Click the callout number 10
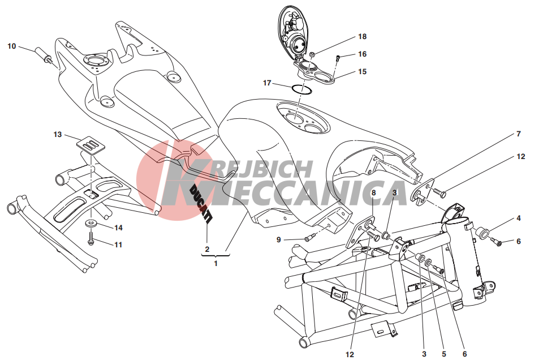click(12, 46)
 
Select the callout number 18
click(362, 36)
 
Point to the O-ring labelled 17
click(303, 89)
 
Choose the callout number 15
click(362, 72)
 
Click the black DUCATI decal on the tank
click(200, 203)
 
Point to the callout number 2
click(207, 249)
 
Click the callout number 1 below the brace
click(216, 264)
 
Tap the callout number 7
click(519, 134)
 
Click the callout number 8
click(373, 193)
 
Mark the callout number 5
click(444, 354)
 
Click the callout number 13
click(58, 135)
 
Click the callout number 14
click(118, 228)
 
